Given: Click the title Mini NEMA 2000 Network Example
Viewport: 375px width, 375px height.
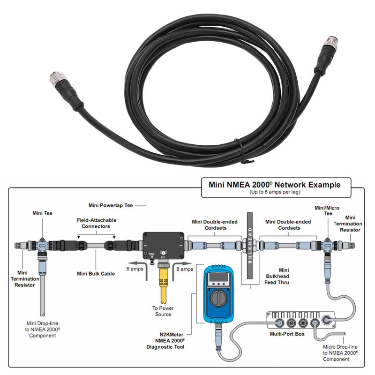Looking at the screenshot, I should [274, 185].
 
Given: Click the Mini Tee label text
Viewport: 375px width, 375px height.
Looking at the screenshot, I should [42, 213].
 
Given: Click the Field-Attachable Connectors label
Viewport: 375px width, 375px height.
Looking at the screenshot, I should [97, 223].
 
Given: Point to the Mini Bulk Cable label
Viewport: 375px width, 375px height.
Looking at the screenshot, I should [96, 273].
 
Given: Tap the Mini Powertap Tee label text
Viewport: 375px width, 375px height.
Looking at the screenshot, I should [111, 205].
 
